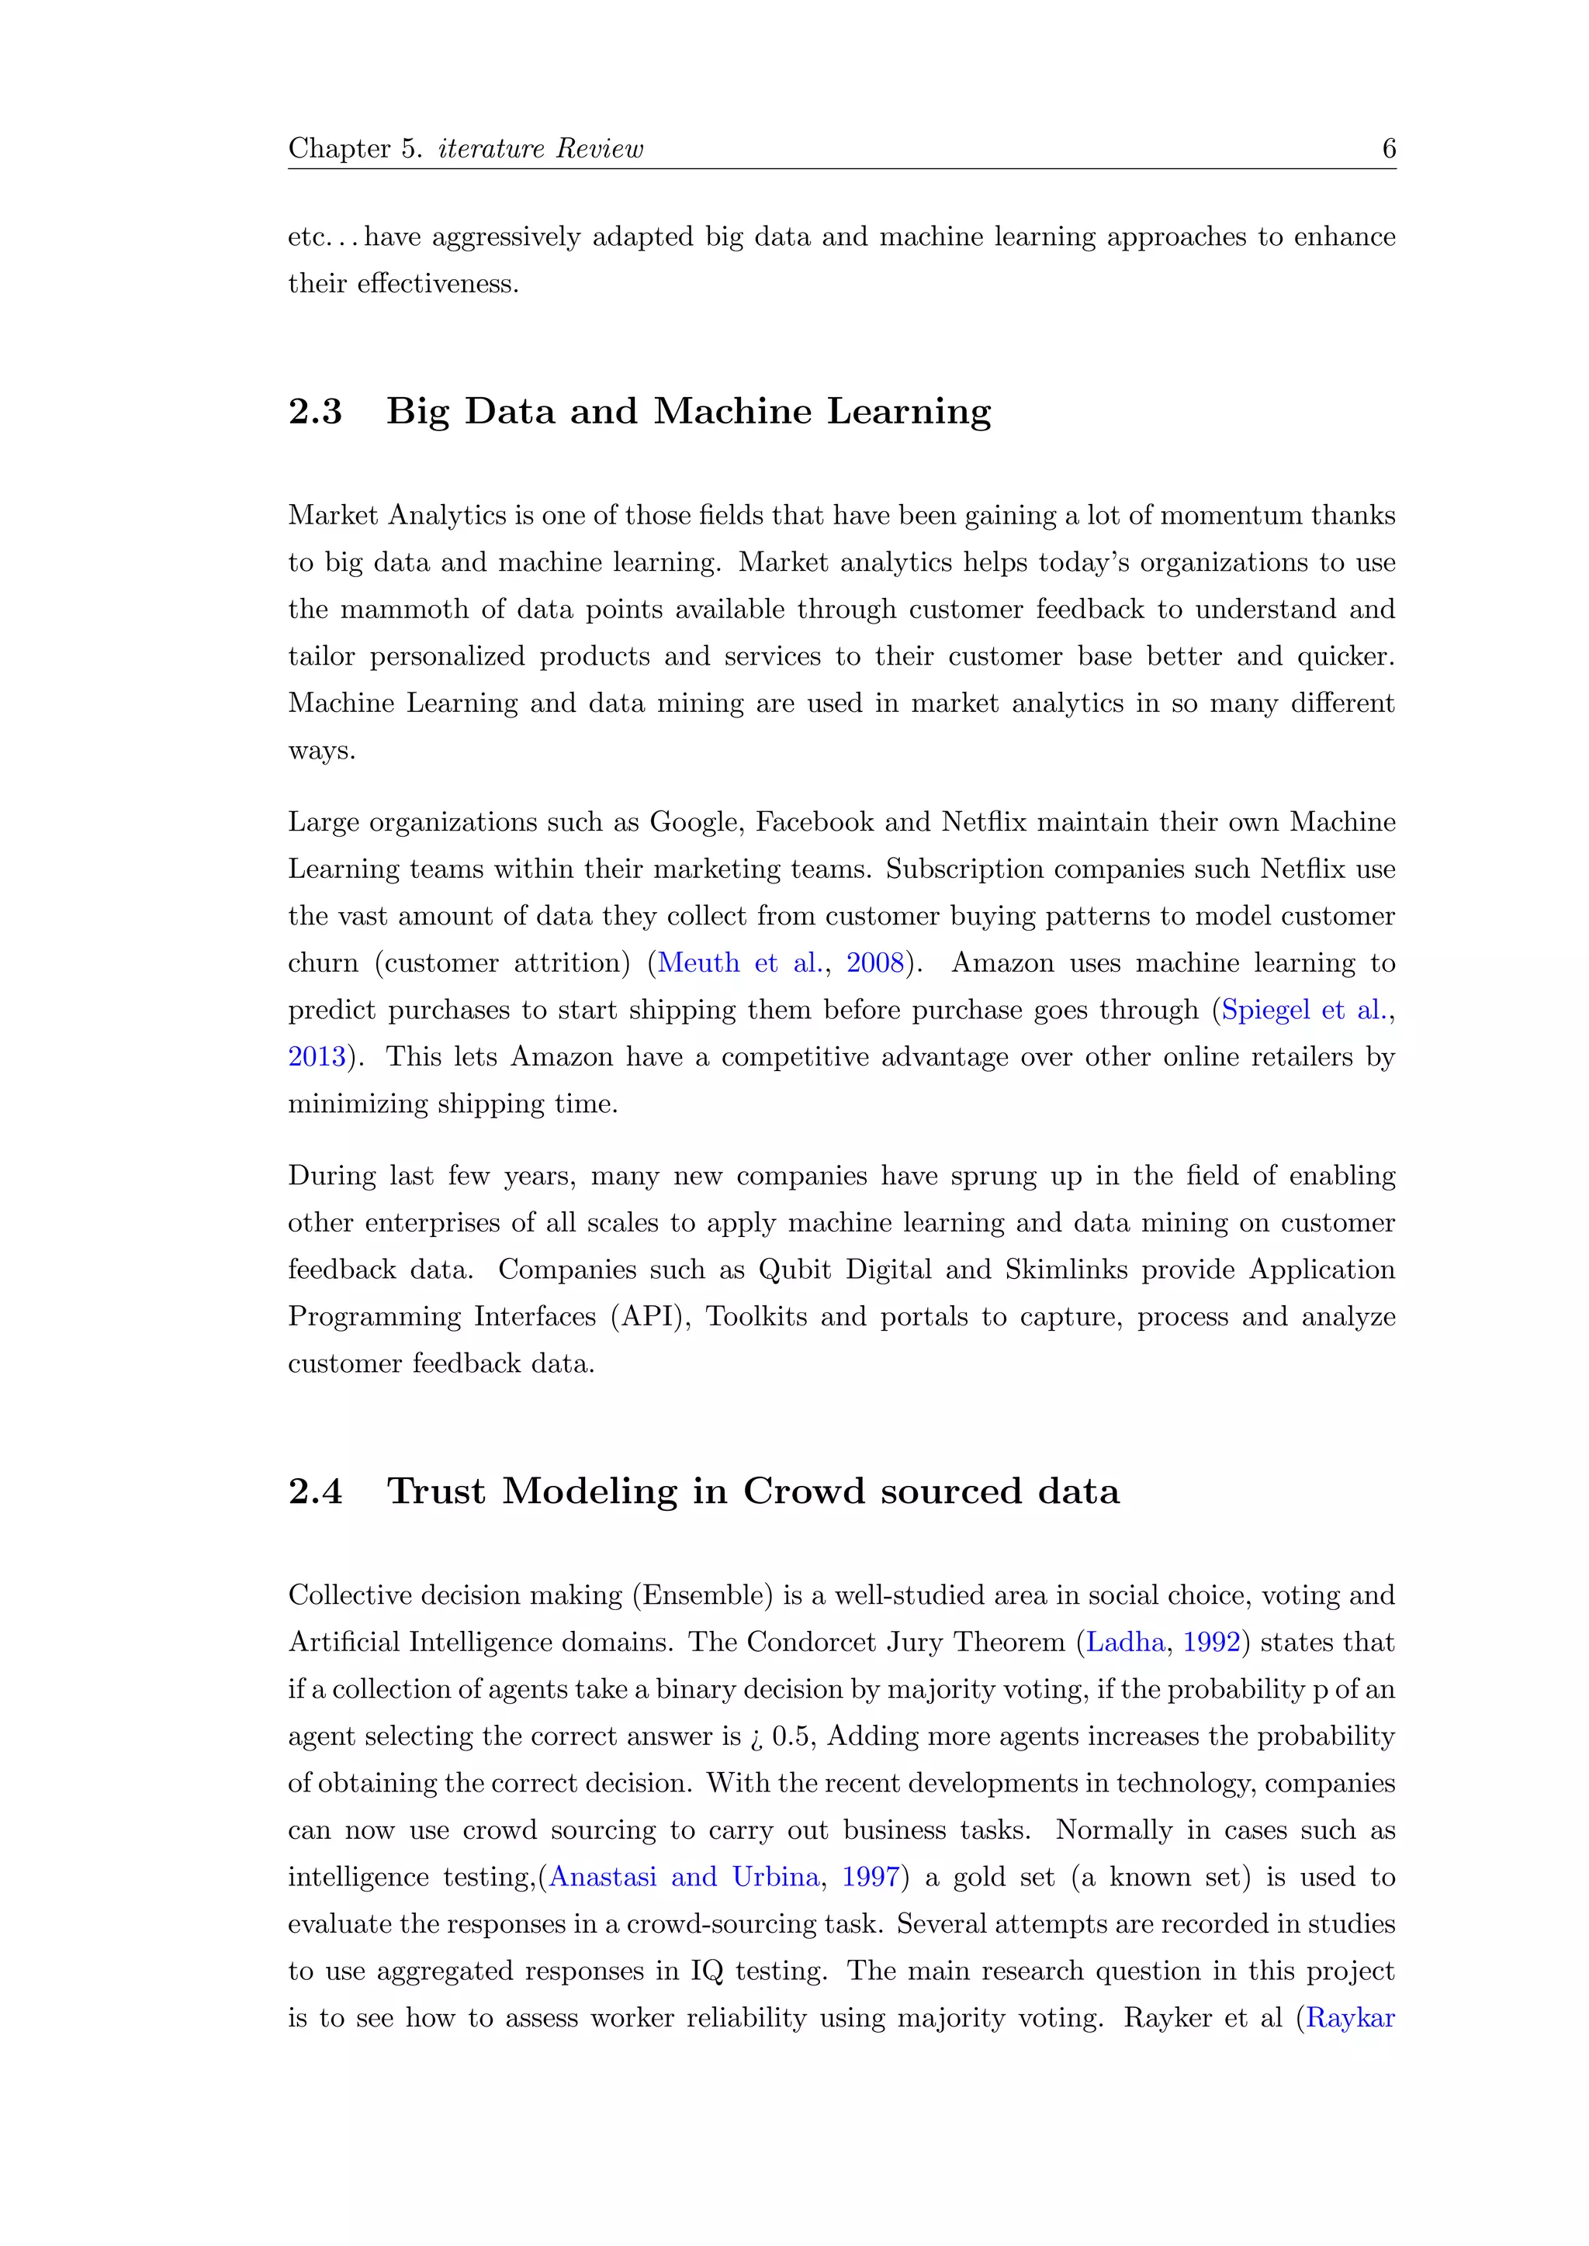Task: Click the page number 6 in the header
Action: (x=1388, y=149)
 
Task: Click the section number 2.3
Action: (x=315, y=412)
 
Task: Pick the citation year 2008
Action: (x=874, y=962)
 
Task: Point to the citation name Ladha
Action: (x=1125, y=1643)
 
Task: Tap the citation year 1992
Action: (x=1211, y=1643)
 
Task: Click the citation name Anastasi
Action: (x=603, y=1877)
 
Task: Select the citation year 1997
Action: (x=870, y=1877)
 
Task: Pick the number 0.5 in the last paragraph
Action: (x=791, y=1736)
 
